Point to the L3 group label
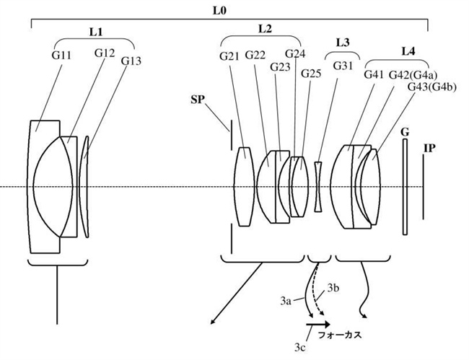[343, 43]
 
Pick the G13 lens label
[131, 61]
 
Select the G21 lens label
[229, 56]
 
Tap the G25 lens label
[311, 74]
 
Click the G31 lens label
[343, 66]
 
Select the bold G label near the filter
[405, 133]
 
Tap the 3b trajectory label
[333, 289]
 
